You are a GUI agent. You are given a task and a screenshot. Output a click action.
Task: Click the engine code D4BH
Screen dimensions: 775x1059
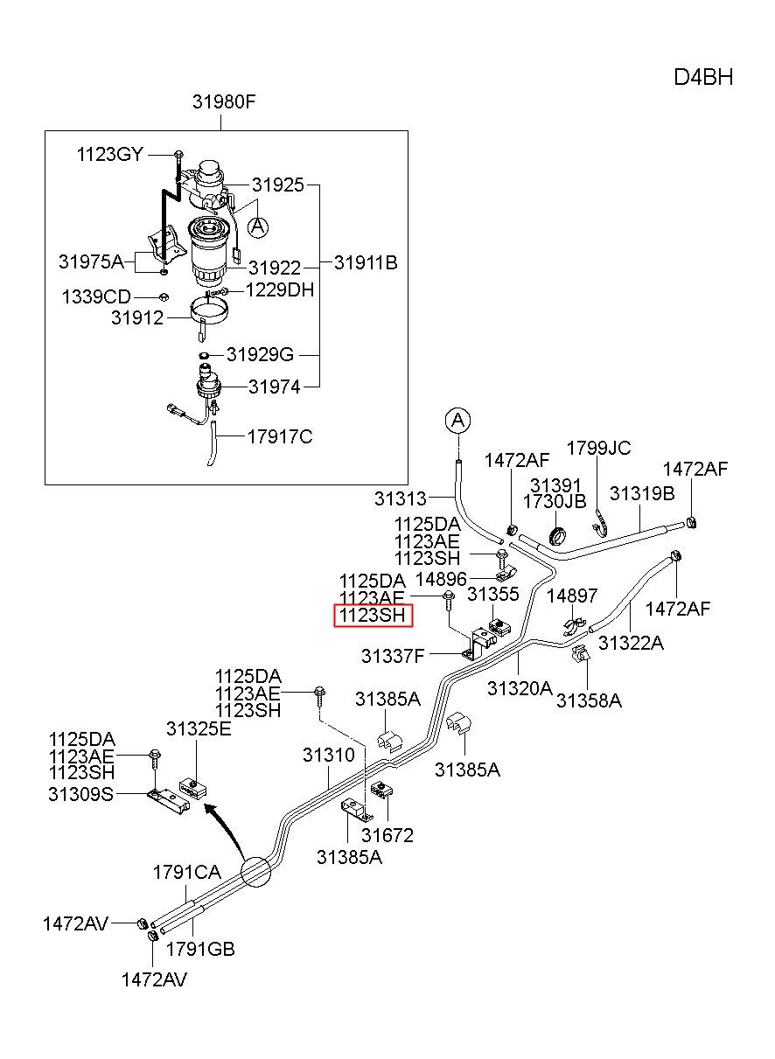(703, 77)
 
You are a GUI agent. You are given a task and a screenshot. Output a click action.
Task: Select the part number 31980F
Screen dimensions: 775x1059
(224, 101)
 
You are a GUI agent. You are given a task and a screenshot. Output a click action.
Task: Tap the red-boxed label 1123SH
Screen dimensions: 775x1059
(373, 615)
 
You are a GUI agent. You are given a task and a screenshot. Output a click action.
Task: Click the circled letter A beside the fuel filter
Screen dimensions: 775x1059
(258, 227)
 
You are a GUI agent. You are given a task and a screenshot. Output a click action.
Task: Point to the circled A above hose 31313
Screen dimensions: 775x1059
(457, 420)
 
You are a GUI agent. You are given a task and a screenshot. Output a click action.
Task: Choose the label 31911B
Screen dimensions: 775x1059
(366, 263)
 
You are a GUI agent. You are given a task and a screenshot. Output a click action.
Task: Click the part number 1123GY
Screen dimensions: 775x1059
(109, 154)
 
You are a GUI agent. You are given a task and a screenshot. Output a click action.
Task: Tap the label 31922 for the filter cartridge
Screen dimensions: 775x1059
(275, 268)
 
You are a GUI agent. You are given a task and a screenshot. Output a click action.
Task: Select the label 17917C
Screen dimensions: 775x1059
(280, 436)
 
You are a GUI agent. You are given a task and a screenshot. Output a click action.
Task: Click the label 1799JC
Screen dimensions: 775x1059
(598, 448)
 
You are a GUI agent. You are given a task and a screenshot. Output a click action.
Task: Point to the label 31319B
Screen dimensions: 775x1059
(642, 493)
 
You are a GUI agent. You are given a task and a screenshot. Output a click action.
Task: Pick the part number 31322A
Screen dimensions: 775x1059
(632, 643)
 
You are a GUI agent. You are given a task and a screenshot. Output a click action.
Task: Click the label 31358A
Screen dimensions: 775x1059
(589, 700)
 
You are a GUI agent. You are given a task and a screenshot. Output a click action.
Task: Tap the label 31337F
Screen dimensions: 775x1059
(393, 656)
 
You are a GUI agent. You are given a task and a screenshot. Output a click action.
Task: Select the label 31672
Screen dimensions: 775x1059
(387, 835)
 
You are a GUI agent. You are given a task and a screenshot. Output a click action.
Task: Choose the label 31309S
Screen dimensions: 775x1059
(80, 794)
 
